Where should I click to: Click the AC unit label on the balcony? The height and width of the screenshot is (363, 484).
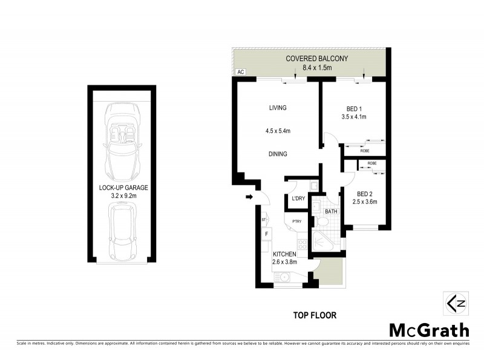241,72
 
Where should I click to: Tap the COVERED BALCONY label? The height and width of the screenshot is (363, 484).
317,59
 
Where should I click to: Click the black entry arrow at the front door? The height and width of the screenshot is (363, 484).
248,197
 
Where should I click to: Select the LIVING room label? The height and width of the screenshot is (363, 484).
278,108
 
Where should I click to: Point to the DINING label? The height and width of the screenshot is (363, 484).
278,154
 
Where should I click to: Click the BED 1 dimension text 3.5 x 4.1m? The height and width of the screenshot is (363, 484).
354,117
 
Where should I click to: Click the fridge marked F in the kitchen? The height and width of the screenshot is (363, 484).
266,234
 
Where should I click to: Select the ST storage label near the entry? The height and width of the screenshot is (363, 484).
264,220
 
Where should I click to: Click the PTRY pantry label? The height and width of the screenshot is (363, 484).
296,221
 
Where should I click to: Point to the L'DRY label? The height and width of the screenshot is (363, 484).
298,198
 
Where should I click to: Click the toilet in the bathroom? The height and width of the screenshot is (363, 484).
324,223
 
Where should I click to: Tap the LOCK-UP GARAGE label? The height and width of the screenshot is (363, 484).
123,188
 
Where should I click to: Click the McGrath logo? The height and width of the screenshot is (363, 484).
428,330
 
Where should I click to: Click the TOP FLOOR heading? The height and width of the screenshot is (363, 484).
315,315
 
